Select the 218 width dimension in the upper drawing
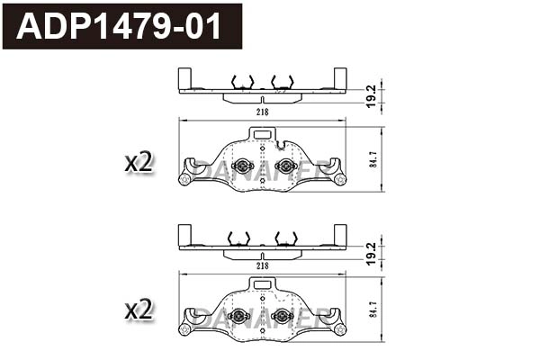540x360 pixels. click(262, 112)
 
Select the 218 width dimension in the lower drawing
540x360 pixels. click(262, 266)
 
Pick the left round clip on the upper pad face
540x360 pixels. click(241, 165)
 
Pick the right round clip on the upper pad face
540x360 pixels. click(284, 165)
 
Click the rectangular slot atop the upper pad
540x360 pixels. click(263, 133)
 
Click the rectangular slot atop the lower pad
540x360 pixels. click(263, 284)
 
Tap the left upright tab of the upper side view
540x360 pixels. click(184, 78)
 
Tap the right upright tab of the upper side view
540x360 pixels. click(340, 78)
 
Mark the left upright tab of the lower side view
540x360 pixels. click(184, 234)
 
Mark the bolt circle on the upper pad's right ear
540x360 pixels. click(339, 179)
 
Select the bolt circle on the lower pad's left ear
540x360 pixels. click(185, 328)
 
